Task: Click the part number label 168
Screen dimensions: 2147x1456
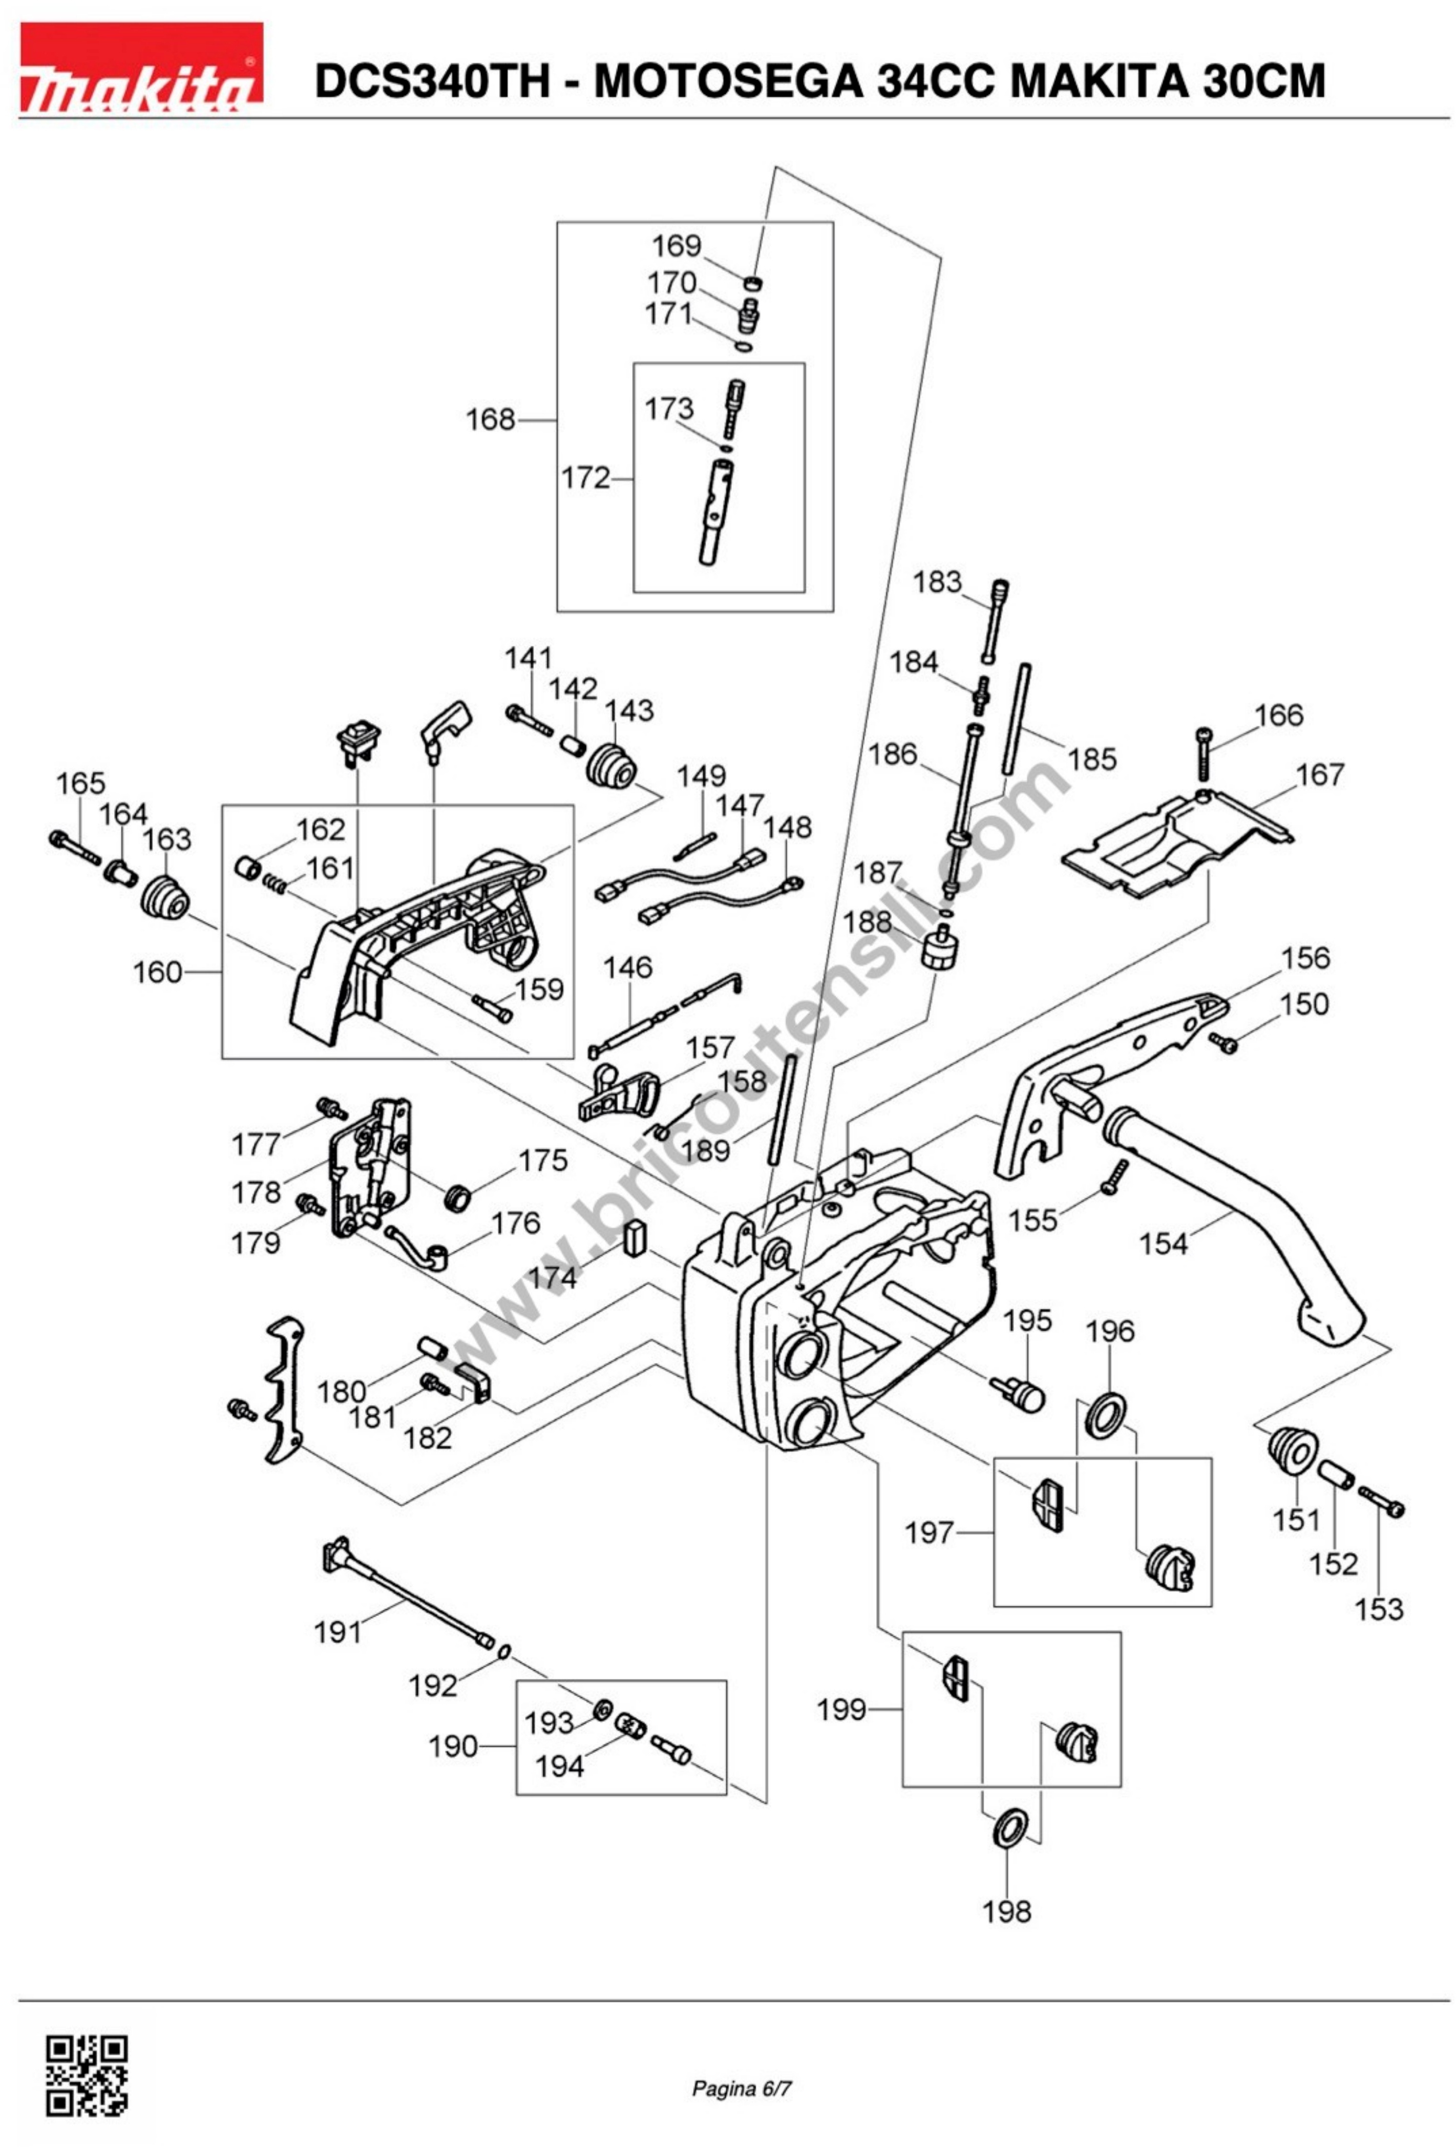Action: pyautogui.click(x=490, y=420)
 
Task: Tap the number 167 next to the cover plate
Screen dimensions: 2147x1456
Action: pyautogui.click(x=1319, y=774)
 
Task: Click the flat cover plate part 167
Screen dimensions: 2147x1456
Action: pyautogui.click(x=1173, y=845)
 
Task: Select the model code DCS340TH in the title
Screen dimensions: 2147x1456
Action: pyautogui.click(x=432, y=81)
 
